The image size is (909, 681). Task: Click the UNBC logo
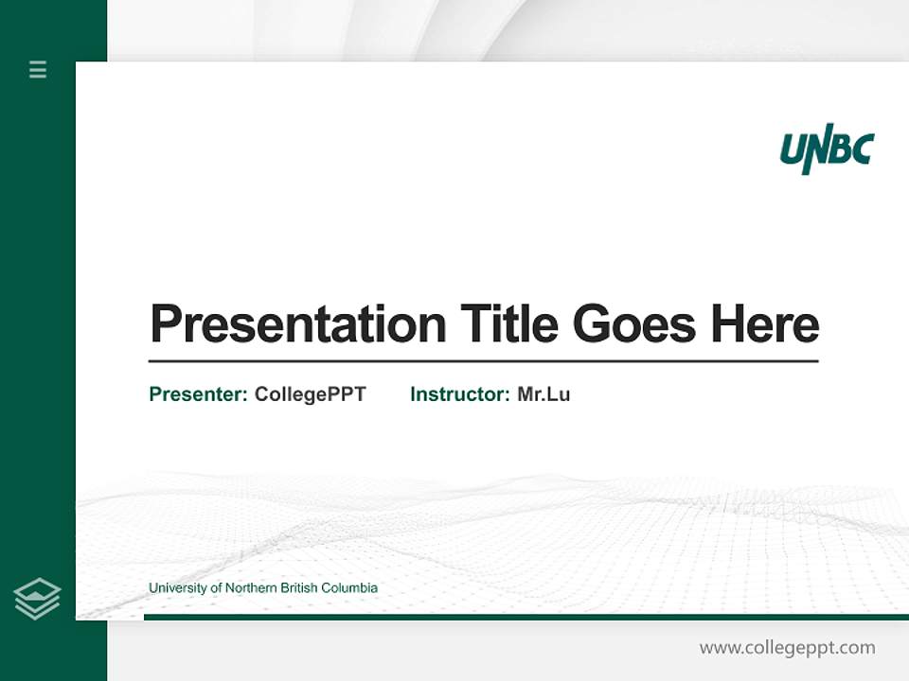tap(826, 149)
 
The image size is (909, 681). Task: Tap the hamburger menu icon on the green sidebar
tap(38, 69)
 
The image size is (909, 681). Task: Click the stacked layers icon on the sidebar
tap(38, 599)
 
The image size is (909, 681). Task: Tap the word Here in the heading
tap(765, 324)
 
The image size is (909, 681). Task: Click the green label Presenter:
tap(199, 394)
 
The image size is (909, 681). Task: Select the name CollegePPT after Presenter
tap(310, 394)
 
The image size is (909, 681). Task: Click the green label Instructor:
tap(460, 394)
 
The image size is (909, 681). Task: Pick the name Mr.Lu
tap(544, 394)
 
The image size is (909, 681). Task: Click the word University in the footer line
tap(178, 588)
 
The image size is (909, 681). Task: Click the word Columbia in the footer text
tap(350, 588)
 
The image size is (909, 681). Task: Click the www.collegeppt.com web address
tap(787, 648)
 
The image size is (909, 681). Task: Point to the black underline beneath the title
tap(483, 361)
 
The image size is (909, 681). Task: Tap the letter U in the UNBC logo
tap(793, 149)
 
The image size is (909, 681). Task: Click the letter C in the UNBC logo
tap(861, 148)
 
